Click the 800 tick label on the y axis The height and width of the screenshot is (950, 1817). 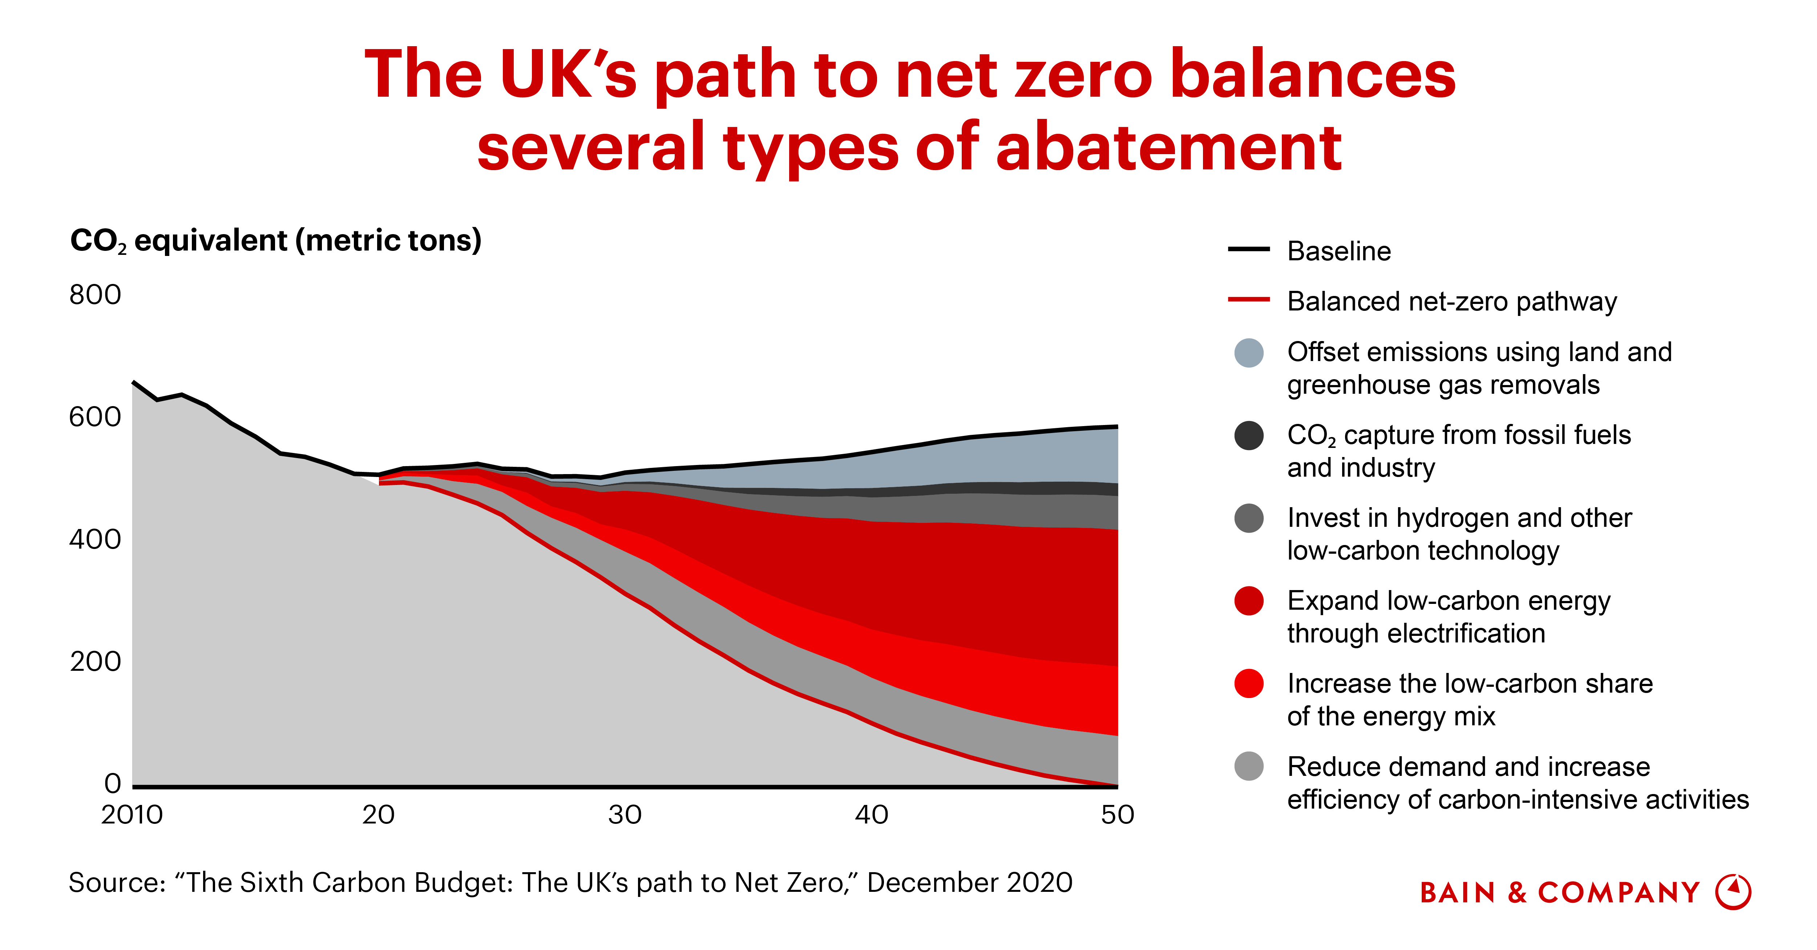tap(95, 295)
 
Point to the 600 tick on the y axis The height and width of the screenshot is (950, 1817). tap(95, 417)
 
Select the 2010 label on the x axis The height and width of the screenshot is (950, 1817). tap(132, 815)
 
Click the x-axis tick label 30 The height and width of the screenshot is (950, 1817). tap(625, 815)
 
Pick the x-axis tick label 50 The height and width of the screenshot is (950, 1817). tap(1117, 815)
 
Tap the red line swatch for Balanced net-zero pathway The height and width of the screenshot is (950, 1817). tap(1248, 299)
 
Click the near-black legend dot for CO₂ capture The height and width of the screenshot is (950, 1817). tap(1248, 436)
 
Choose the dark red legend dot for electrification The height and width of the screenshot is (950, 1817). tap(1248, 601)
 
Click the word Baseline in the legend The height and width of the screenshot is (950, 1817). tap(1339, 251)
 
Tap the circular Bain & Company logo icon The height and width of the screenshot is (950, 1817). tap(1733, 892)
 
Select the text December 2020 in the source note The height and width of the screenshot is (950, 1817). tap(969, 883)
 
